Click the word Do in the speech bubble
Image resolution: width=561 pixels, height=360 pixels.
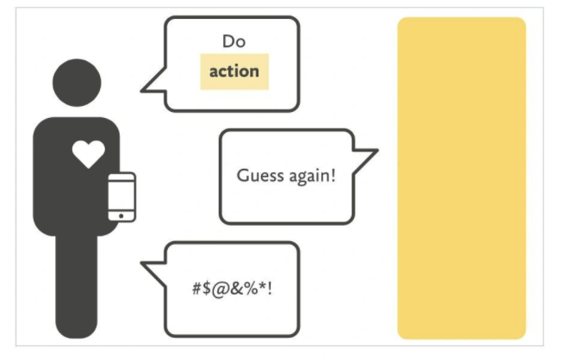click(x=234, y=40)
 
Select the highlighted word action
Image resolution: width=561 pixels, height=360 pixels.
click(x=234, y=71)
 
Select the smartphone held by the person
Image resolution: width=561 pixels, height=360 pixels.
click(x=122, y=196)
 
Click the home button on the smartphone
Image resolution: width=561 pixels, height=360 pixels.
click(x=122, y=215)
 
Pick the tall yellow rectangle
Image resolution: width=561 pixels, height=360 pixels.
click(x=461, y=178)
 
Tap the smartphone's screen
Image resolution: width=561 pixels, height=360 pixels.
click(x=122, y=193)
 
